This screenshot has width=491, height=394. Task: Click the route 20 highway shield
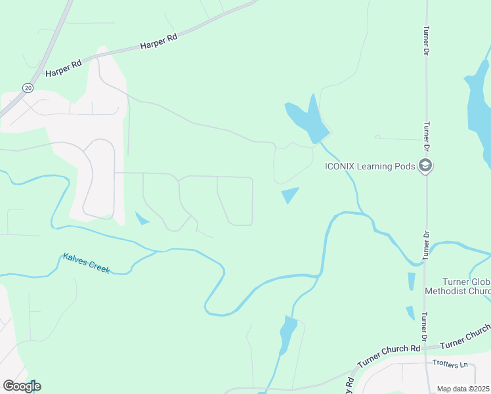point(28,87)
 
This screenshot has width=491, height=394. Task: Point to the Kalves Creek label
point(87,263)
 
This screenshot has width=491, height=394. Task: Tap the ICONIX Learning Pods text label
point(370,166)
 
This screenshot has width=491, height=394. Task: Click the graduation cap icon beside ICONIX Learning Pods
point(425,165)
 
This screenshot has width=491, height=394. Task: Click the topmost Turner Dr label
point(427,39)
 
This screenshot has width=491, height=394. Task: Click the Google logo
point(22,386)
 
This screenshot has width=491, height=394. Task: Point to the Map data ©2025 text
point(462,389)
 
